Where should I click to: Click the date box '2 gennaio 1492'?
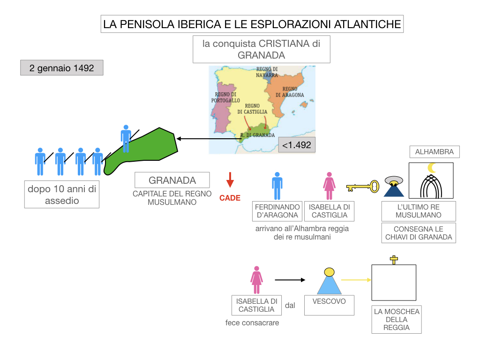click(61, 68)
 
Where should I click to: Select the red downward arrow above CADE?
click(230, 180)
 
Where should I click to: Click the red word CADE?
click(230, 198)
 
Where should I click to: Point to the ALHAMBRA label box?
click(434, 152)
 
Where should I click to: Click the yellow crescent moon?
click(432, 167)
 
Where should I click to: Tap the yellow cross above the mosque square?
click(394, 260)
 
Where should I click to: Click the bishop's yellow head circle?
click(330, 272)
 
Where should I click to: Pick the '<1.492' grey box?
click(296, 145)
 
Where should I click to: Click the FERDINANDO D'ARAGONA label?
click(277, 211)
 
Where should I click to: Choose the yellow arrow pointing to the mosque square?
click(356, 280)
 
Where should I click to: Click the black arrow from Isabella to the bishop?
click(290, 280)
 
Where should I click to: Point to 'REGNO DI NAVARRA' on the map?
click(267, 72)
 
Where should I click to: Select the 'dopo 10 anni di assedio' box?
click(62, 195)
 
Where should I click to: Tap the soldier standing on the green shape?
click(126, 138)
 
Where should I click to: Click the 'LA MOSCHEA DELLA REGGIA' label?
click(397, 319)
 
